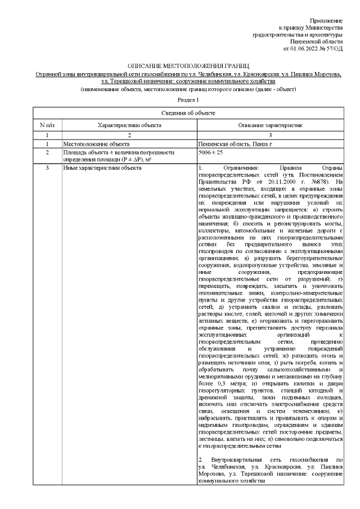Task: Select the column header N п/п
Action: point(47,125)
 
